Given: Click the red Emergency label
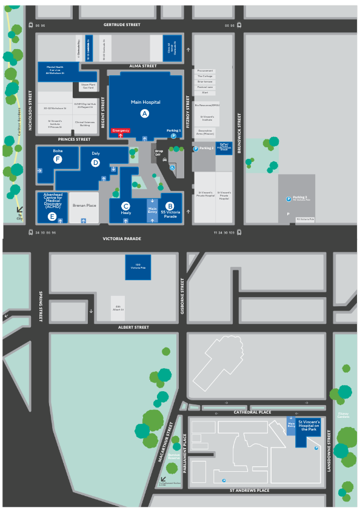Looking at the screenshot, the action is point(121,130).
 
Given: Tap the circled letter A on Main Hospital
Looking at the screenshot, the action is point(144,113).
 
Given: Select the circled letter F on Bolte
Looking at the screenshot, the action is point(58,159).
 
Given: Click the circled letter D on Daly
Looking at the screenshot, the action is point(95,162).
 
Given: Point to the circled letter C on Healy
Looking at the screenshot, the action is point(126,206).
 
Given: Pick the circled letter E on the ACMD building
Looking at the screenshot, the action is point(52,216).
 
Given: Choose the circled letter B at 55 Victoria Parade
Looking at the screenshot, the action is point(170,206).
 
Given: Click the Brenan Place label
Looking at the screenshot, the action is point(84,206).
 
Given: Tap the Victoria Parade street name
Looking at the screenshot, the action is point(122,239).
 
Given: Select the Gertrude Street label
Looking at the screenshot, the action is point(122,25).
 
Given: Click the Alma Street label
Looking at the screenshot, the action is point(138,65).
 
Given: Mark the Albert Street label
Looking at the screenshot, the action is point(133,327).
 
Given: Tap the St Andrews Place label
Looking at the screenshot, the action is point(254,490).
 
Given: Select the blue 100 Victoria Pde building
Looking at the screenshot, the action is point(138,267).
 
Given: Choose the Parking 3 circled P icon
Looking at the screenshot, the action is point(288,199).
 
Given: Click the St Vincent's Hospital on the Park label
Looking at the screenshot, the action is point(309,424).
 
